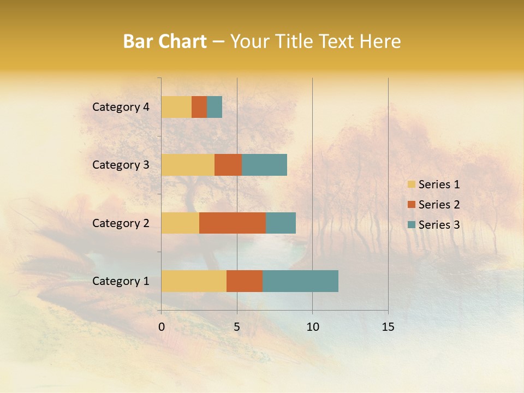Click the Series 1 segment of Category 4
176,107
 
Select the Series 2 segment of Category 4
199,107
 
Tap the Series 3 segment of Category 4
215,107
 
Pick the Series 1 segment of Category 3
188,165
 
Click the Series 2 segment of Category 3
228,165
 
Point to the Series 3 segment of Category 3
264,165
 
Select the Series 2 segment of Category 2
233,223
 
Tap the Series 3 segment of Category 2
281,223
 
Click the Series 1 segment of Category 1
194,281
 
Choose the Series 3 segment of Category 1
300,281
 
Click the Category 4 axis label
121,107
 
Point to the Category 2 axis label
121,223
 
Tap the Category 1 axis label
121,281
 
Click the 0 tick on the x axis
162,327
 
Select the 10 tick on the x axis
312,327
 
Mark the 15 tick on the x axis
388,327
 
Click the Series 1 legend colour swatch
411,184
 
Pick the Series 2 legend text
439,205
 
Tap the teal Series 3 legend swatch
411,225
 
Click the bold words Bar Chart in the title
165,41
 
